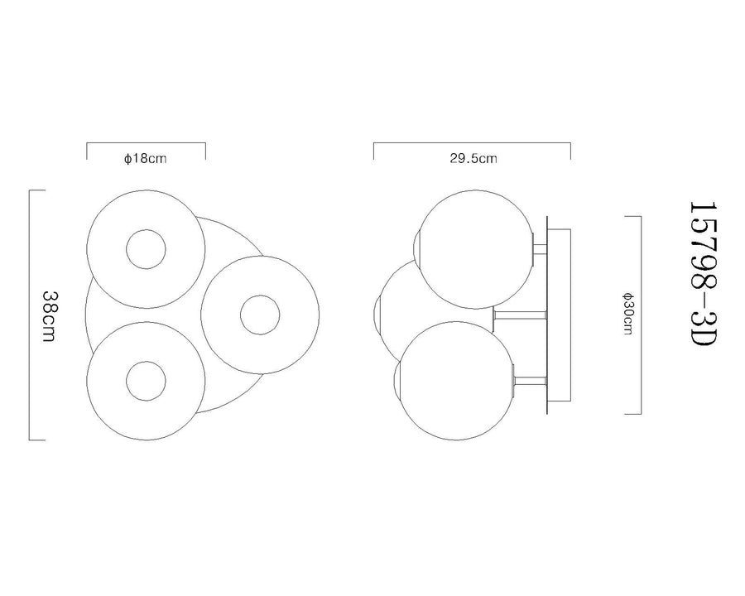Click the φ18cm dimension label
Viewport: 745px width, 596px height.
point(146,159)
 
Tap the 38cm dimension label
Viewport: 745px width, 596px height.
point(50,315)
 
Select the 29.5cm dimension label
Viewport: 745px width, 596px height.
point(473,159)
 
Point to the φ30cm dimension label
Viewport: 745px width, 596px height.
point(628,315)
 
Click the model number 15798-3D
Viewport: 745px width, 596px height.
point(703,274)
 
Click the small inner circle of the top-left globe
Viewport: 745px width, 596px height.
point(146,249)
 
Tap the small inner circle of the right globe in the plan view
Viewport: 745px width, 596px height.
point(260,315)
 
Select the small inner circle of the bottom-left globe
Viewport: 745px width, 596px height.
point(146,381)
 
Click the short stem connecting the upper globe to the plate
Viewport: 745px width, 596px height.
point(541,249)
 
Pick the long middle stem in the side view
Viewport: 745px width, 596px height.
point(521,315)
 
